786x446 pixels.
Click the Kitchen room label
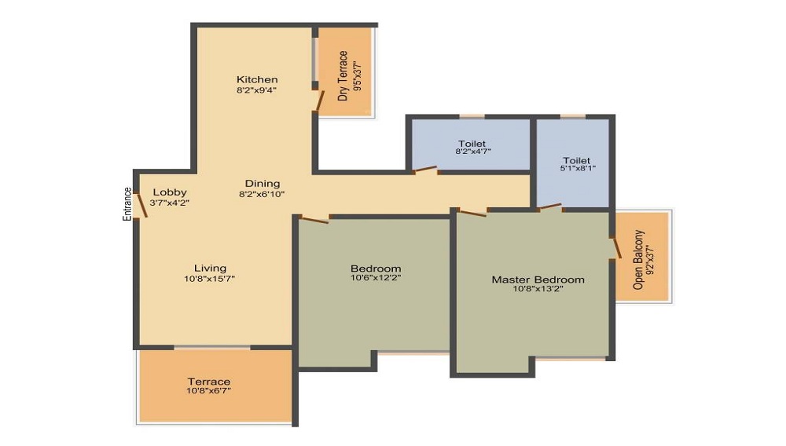[x=257, y=79]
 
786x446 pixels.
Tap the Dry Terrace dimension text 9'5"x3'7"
[x=357, y=76]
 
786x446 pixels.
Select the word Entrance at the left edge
[x=127, y=204]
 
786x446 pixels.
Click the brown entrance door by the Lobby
[x=141, y=205]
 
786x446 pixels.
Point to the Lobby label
[x=170, y=192]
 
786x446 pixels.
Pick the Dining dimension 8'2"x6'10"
[x=262, y=194]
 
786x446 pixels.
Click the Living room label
[x=210, y=269]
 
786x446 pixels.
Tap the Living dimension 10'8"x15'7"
[x=210, y=279]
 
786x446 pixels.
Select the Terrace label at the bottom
[x=209, y=382]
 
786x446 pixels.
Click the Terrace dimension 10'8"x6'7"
[x=208, y=390]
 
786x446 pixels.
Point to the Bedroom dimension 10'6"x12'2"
[x=376, y=278]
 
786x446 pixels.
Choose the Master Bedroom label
[x=538, y=280]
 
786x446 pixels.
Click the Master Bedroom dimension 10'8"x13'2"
[x=538, y=289]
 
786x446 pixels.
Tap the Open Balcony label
[x=638, y=260]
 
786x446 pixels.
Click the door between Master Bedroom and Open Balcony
[x=616, y=248]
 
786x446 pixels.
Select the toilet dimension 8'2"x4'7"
[x=472, y=152]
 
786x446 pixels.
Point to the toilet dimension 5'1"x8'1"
[x=578, y=169]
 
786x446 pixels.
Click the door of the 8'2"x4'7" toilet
[x=425, y=170]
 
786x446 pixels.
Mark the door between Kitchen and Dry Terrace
[x=318, y=100]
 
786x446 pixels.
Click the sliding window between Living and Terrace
[x=212, y=347]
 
